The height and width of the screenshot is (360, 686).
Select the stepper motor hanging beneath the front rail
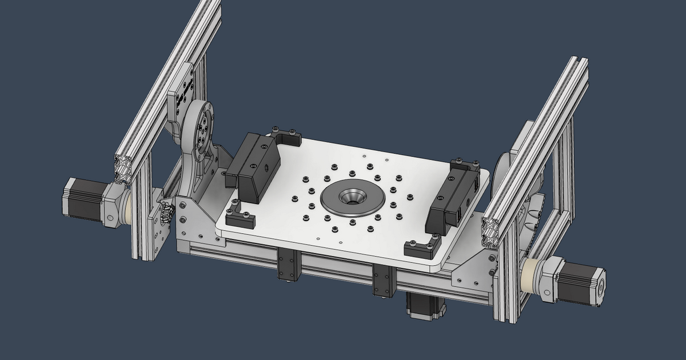(x=426, y=306)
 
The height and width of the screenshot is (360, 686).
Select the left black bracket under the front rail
(x=289, y=265)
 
